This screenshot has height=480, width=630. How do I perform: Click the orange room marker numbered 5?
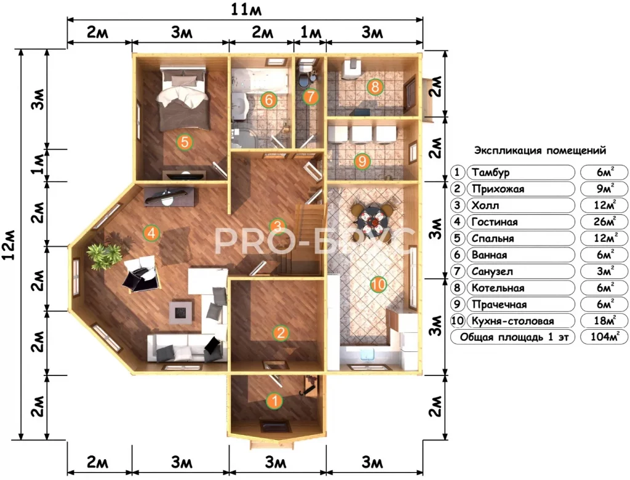[x=185, y=142]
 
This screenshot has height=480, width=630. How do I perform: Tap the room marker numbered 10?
[x=378, y=285]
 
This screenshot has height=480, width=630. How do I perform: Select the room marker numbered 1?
[x=275, y=401]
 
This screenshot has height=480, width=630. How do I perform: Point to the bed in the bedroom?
[x=184, y=98]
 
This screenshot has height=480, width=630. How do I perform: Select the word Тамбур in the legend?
[x=490, y=172]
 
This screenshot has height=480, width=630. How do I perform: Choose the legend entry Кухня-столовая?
[x=512, y=321]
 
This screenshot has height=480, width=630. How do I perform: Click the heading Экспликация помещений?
[x=540, y=151]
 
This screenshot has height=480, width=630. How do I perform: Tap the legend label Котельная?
[x=498, y=288]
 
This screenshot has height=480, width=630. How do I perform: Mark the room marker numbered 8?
[x=375, y=86]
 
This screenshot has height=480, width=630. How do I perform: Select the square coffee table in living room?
[x=181, y=313]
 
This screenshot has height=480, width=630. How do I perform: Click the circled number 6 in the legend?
[x=457, y=255]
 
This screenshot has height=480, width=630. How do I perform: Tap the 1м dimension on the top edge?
[x=310, y=32]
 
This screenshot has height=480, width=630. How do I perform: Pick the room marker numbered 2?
[x=281, y=333]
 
